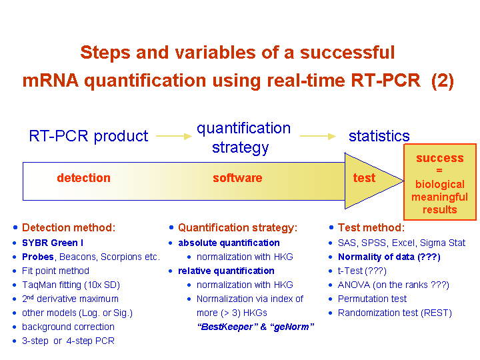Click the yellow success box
pos(440,182)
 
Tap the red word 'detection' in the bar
pos(83,178)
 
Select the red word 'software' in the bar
pos(237,178)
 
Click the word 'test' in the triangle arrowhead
pos(364,178)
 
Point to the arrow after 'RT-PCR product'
pos(174,136)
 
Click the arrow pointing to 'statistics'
pos(318,136)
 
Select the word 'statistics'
pos(379,136)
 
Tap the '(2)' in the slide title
pos(443,81)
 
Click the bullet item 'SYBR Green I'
pos(53,243)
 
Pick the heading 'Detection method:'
pos(69,227)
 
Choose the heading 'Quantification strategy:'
pos(237,227)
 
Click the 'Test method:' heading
pos(371,227)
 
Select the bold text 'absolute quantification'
pos(229,243)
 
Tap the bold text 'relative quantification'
pos(226,271)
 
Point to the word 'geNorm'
pos(291,327)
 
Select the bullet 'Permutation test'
pos(372,299)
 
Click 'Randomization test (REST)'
pos(395,313)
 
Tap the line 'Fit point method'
pos(55,271)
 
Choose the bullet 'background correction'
pos(68,327)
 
